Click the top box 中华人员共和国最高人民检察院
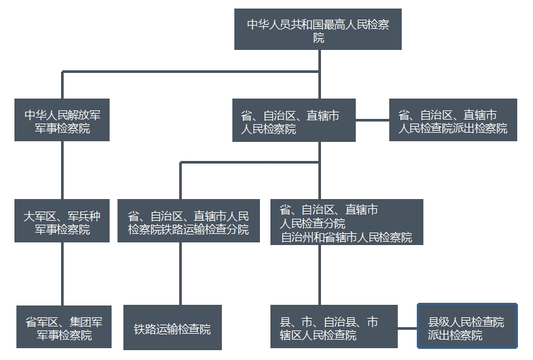pos(318,30)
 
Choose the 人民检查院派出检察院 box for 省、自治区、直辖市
pos(453,120)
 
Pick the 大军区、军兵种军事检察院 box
pos(62,223)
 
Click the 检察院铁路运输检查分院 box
pos(188,223)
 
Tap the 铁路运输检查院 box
pos(173,328)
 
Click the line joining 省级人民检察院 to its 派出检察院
pos(372,120)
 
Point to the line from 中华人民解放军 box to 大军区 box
pos(62,171)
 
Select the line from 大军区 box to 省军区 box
pos(62,273)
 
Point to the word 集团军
pos(85,322)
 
